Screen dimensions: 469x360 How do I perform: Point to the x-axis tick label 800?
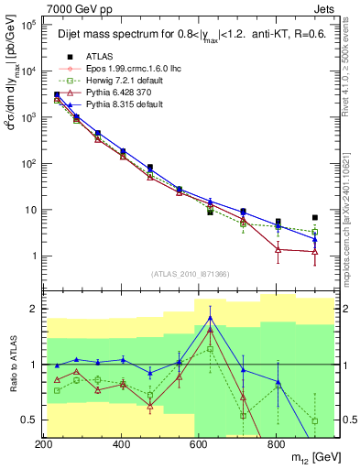pos(276,445)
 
